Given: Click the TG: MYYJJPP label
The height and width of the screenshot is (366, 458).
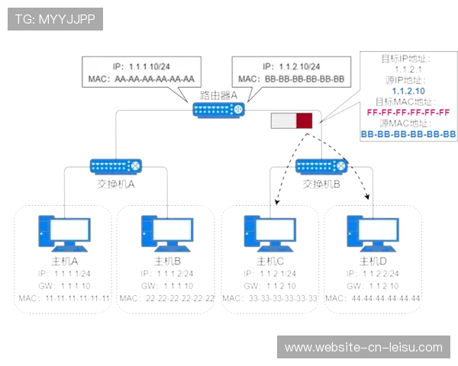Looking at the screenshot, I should pos(55,19).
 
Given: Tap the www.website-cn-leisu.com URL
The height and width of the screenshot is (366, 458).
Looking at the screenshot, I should pos(363,348).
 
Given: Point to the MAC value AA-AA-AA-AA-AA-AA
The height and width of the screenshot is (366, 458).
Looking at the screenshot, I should pos(154,79).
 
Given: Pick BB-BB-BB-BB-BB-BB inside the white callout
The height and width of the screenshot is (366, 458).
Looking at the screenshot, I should pos(305,79).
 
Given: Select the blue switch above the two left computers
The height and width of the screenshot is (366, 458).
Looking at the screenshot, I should pos(116,165).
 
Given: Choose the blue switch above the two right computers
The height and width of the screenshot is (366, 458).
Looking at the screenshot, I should pos(321,165).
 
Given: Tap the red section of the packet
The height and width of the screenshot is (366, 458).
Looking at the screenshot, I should pos(305,120).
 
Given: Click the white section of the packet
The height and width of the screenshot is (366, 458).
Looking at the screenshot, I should pos(283,120).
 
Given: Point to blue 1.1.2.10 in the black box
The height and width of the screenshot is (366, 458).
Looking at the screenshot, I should pos(407,91).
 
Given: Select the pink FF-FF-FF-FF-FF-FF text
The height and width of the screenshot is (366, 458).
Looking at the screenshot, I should pos(408,112).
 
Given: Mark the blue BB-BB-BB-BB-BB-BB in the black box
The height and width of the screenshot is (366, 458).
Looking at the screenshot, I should pos(407,133).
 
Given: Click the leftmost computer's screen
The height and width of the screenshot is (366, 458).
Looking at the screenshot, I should pos(64,227).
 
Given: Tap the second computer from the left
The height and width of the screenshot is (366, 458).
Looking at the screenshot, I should pos(167,233).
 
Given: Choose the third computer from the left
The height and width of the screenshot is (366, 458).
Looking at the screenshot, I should pos(269,233).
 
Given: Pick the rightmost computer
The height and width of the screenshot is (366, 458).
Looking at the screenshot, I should pos(372,233).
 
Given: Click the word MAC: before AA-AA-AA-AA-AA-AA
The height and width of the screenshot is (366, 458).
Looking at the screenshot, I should pos(99,79).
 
